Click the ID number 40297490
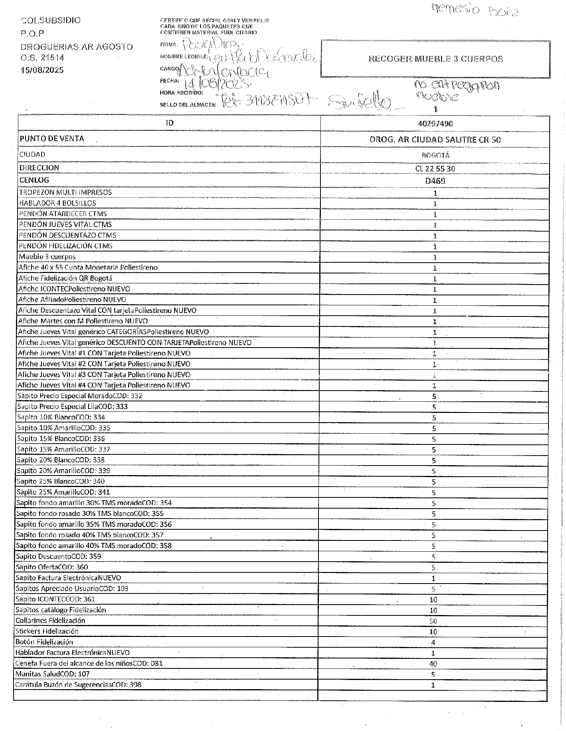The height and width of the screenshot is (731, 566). click(435, 124)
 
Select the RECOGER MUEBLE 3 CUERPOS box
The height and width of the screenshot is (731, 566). click(435, 59)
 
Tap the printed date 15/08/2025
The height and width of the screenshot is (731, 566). click(42, 70)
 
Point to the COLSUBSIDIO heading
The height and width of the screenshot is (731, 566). click(50, 20)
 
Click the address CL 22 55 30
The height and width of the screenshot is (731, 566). click(435, 169)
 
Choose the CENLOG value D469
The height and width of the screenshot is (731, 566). click(435, 181)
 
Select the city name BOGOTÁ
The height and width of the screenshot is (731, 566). click(435, 155)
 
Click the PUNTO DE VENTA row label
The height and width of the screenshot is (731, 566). click(52, 139)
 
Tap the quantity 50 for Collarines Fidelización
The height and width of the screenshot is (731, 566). click(433, 621)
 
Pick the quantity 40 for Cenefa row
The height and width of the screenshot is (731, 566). click(433, 664)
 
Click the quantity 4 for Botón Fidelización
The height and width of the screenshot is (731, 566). click(433, 642)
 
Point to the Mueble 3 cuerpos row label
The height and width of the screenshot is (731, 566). click(47, 257)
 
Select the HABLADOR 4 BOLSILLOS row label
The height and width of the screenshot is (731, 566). click(57, 203)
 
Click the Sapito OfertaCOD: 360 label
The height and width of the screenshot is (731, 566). click(52, 567)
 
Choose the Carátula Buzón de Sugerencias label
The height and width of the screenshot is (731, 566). click(78, 685)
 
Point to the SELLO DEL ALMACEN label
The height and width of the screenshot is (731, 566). click(187, 105)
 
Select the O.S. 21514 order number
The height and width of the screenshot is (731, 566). click(42, 58)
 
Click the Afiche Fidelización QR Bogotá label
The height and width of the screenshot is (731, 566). click(65, 278)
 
